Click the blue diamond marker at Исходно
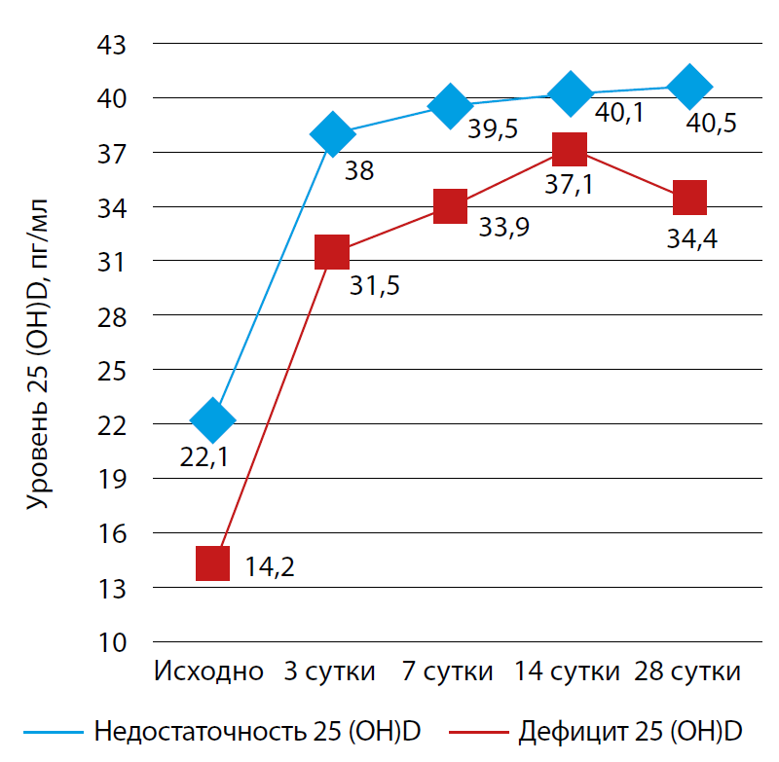coord(213,420)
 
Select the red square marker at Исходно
coord(213,562)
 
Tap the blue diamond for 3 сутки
coord(332,133)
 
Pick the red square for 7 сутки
coord(450,206)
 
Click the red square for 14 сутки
coord(570,149)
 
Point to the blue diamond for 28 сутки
coord(689,86)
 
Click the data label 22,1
coord(204,456)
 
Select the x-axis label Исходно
coord(209,672)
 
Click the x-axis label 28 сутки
coord(688,672)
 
